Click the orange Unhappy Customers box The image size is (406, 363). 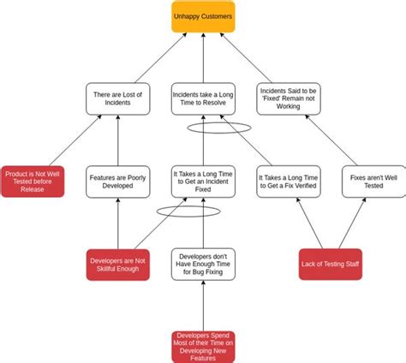pyautogui.click(x=203, y=16)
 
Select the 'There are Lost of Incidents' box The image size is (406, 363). pyautogui.click(x=117, y=98)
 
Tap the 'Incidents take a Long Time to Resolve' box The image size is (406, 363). pyautogui.click(x=203, y=98)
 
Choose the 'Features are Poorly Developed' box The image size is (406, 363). pyautogui.click(x=117, y=181)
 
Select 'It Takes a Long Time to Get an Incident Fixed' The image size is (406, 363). pyautogui.click(x=203, y=181)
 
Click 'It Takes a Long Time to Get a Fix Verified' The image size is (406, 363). pyautogui.click(x=289, y=181)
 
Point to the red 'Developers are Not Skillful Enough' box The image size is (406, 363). pyautogui.click(x=118, y=265)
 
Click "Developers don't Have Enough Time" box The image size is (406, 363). pyautogui.click(x=203, y=265)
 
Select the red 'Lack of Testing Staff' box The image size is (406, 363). pyautogui.click(x=331, y=265)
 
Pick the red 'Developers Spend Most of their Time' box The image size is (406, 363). pyautogui.click(x=203, y=345)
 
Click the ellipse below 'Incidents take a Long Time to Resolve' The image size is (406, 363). pyautogui.click(x=220, y=128)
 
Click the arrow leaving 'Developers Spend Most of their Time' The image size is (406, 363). pyautogui.click(x=203, y=305)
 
